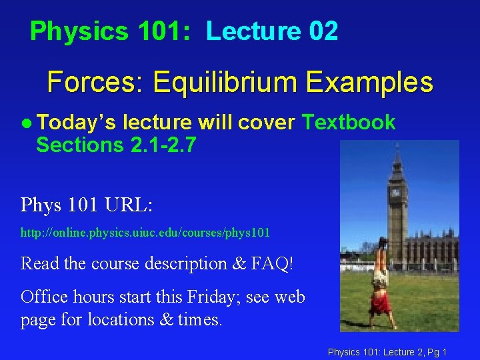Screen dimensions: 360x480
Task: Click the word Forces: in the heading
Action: pos(96,83)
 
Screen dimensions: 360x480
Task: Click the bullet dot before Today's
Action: pos(25,123)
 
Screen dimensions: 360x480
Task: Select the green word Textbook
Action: pos(349,122)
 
